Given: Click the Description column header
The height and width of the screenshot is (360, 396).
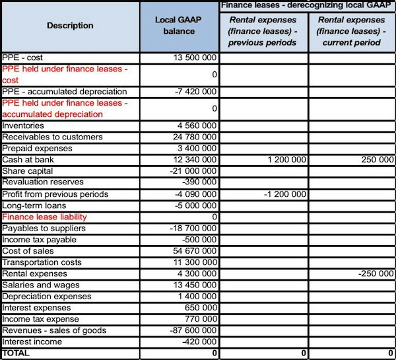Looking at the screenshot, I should (70, 26).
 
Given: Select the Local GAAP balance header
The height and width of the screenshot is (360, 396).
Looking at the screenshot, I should (179, 26).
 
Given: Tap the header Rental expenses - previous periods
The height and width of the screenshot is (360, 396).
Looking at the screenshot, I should (263, 32).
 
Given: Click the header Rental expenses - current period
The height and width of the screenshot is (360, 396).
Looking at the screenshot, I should (352, 32).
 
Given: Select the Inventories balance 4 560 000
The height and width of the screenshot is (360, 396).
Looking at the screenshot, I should (196, 126).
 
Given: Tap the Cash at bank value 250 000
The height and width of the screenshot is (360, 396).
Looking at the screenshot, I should (377, 160).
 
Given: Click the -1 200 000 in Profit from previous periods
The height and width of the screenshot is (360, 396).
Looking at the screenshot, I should (283, 194).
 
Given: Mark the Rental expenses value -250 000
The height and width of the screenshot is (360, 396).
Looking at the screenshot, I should (376, 273).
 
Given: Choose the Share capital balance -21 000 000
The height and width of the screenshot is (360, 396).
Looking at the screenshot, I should (191, 171).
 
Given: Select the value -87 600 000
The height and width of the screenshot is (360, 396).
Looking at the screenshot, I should (191, 330).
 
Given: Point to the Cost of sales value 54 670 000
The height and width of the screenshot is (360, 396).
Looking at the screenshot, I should (193, 251).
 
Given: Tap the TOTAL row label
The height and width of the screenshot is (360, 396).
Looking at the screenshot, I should (17, 353).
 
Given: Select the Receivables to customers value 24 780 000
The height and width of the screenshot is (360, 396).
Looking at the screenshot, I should (193, 137).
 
